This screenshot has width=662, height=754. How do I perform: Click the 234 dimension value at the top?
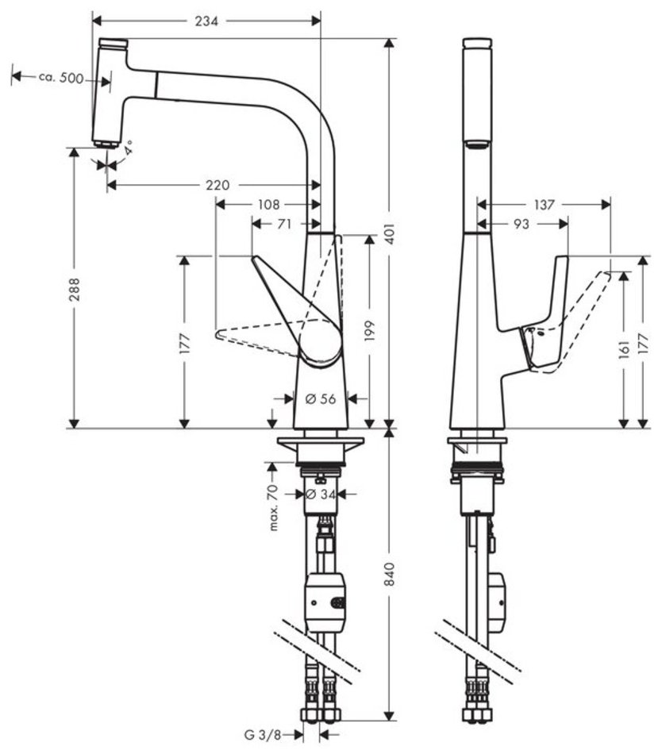pos(207,21)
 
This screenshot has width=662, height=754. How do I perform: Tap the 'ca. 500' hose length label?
pos(61,77)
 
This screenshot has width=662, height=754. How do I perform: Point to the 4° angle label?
pos(128,148)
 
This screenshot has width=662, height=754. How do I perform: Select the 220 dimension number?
pos(217,185)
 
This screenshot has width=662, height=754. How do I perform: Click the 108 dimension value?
pos(267,204)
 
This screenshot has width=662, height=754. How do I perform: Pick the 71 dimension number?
pos(284,225)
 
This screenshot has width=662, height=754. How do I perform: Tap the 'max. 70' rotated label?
pos(275,507)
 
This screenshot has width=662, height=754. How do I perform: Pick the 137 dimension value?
pos(544,205)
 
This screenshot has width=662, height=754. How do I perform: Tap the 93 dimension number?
pos(522,225)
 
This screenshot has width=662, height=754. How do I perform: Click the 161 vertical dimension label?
pos(624,345)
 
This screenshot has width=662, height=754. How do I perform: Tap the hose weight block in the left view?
pos(325,602)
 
